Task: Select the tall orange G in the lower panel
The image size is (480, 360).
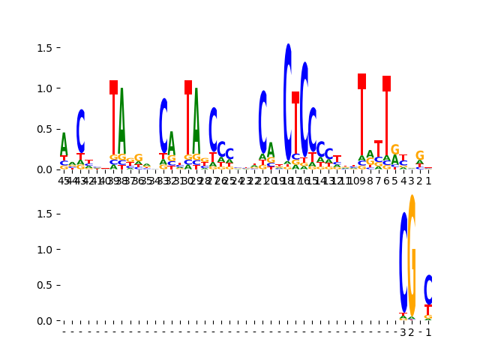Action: (412, 255)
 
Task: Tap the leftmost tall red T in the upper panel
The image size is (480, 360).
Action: (113, 120)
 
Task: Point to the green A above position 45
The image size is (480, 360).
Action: (64, 144)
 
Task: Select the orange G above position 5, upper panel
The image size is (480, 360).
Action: (394, 149)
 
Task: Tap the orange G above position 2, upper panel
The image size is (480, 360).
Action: (419, 155)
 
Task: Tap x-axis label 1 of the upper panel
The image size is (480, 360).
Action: (428, 180)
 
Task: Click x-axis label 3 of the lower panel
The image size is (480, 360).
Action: (403, 332)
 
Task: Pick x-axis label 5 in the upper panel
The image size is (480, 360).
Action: (394, 180)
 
